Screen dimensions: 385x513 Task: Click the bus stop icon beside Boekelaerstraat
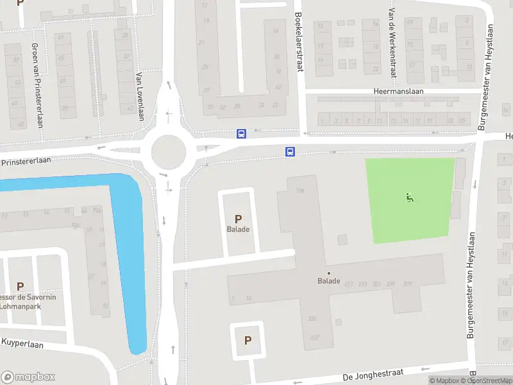click(241, 133)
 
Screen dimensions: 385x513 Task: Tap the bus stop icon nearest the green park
click(290, 152)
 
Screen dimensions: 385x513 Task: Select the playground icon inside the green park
click(409, 197)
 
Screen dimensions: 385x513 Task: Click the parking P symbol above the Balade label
click(239, 219)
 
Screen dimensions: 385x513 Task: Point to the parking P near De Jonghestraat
click(248, 341)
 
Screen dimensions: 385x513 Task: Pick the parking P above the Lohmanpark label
click(20, 286)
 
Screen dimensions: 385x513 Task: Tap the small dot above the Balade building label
click(329, 273)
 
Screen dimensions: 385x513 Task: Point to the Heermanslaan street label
click(398, 92)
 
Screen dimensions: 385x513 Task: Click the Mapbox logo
click(28, 377)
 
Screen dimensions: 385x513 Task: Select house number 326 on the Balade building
click(313, 318)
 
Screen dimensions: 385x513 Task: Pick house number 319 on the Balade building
click(407, 283)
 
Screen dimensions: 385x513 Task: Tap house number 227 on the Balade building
click(315, 337)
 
